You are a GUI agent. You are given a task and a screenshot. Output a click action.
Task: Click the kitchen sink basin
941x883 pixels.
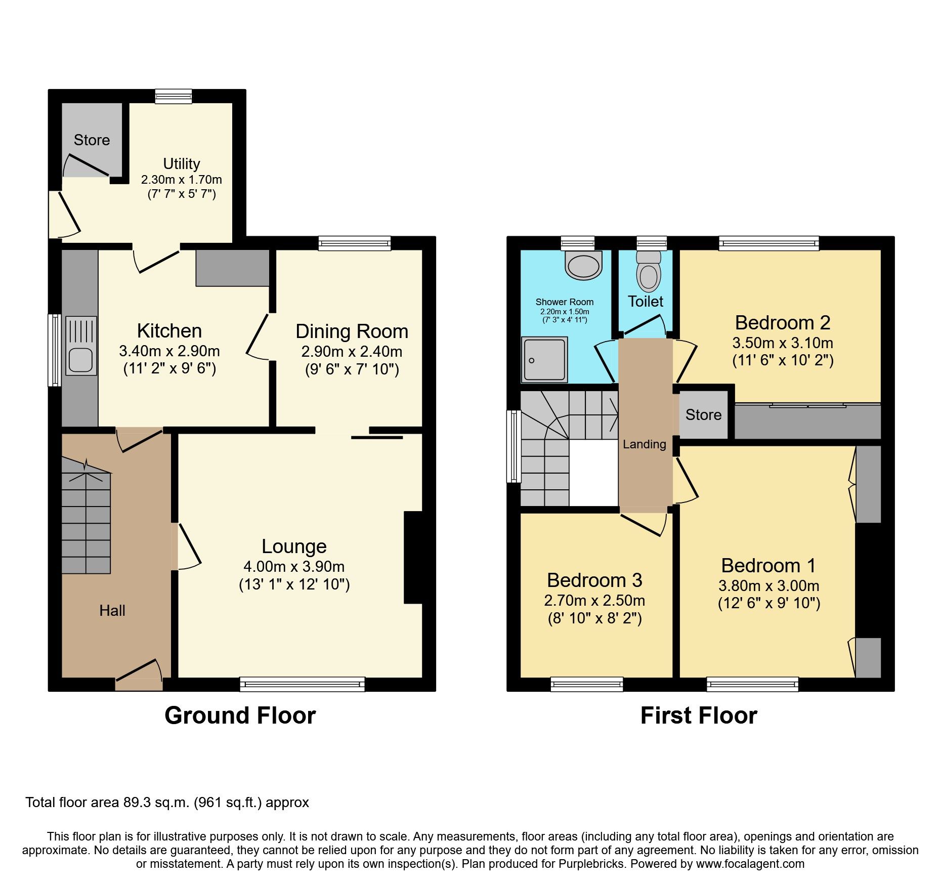click(80, 361)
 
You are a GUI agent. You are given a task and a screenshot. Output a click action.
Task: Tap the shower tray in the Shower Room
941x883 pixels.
click(544, 359)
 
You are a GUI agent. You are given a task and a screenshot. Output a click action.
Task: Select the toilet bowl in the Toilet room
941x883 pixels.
click(649, 276)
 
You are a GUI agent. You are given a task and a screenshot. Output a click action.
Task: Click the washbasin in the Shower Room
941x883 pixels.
click(584, 265)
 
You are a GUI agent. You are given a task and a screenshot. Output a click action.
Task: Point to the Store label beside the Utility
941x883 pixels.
click(92, 140)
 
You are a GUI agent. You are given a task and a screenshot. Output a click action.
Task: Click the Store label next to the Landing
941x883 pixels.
click(703, 415)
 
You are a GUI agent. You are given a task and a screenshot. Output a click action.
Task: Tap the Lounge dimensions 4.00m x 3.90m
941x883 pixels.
click(294, 566)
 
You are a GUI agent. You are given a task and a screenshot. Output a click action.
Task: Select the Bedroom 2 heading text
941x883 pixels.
click(782, 323)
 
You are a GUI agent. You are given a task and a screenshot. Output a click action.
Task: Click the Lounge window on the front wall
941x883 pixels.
click(302, 685)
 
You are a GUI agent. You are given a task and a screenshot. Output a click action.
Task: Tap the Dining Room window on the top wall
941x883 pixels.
click(355, 243)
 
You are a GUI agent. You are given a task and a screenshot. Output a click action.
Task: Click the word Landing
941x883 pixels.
click(644, 444)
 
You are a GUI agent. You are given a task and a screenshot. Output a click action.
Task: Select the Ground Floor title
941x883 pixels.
click(240, 716)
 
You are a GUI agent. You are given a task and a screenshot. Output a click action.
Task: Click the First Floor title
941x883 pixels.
click(699, 716)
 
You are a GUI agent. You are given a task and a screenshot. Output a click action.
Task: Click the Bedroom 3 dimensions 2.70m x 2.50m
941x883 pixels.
click(594, 601)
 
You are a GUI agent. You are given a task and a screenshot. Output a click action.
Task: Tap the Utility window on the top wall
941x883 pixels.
click(174, 96)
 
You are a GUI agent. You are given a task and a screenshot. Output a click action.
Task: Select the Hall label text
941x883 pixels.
click(112, 611)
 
